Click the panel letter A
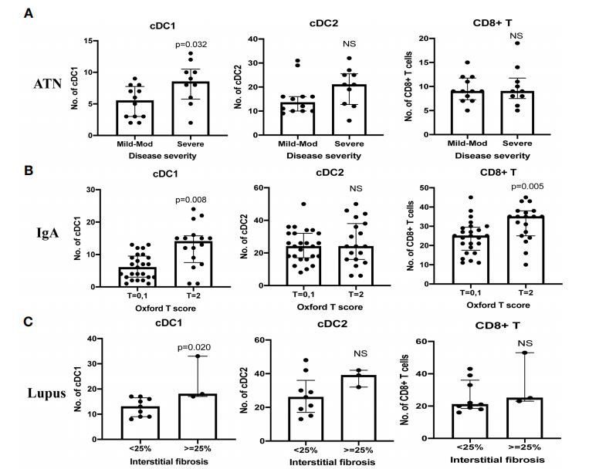(x=28, y=15)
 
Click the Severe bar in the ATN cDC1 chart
(x=185, y=109)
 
